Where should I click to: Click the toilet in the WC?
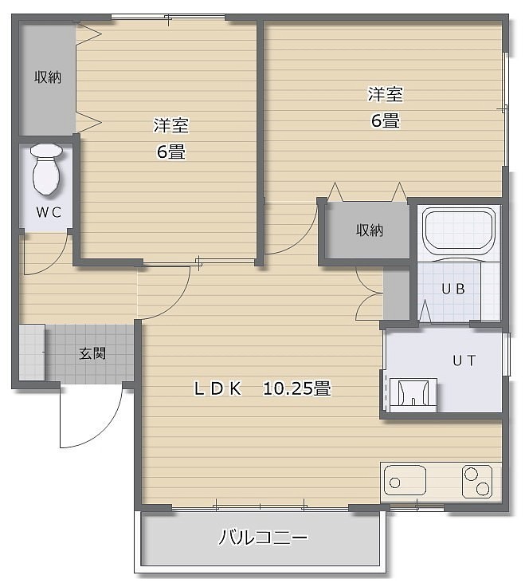[46, 169]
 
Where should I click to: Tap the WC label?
[49, 212]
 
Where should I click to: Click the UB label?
[453, 289]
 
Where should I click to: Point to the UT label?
[464, 360]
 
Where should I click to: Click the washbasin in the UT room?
[413, 395]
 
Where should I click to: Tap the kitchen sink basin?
[405, 480]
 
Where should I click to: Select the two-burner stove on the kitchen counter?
[477, 482]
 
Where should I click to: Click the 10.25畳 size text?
[297, 388]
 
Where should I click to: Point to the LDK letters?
[217, 389]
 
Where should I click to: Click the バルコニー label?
[263, 538]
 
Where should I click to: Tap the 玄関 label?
[92, 353]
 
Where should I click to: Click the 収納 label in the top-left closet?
[48, 77]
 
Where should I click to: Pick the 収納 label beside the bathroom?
[370, 230]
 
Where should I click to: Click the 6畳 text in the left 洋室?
[171, 152]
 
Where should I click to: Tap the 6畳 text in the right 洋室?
[385, 120]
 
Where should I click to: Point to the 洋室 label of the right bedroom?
[385, 94]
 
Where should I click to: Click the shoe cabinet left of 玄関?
[32, 353]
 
